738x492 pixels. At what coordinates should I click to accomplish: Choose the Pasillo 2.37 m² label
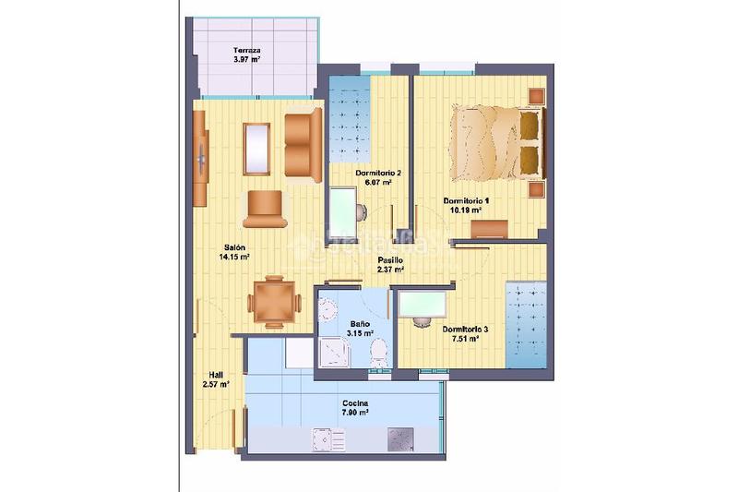pyautogui.click(x=390, y=265)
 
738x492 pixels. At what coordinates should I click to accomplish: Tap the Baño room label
pyautogui.click(x=359, y=329)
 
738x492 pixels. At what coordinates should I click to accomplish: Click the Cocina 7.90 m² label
pyautogui.click(x=355, y=408)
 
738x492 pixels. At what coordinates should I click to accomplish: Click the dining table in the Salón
pyautogui.click(x=273, y=301)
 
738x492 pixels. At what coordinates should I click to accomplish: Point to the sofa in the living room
pyautogui.click(x=303, y=143)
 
